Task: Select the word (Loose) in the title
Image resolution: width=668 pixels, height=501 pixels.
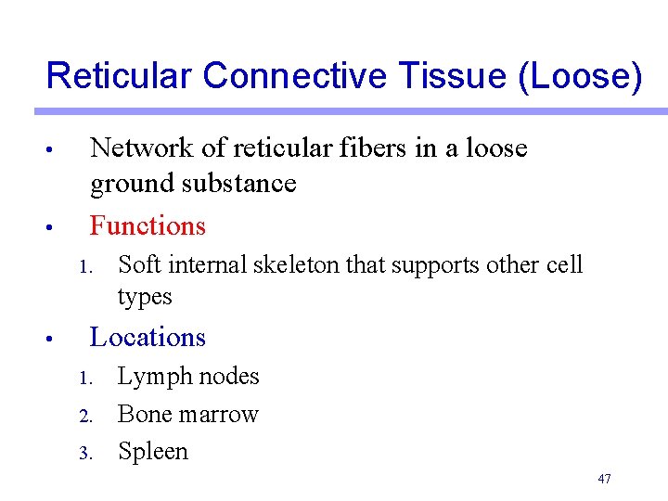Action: point(580,75)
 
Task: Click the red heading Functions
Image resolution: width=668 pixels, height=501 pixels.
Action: point(148,225)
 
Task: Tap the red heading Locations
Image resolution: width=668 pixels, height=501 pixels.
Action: point(148,337)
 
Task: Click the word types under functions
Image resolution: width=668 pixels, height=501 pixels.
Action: point(145,297)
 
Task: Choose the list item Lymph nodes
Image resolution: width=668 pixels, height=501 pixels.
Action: point(188,377)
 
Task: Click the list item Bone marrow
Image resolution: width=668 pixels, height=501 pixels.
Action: point(188,414)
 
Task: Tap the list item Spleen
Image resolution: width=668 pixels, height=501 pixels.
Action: point(153,452)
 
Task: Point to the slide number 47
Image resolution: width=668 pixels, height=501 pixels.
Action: point(605,479)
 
